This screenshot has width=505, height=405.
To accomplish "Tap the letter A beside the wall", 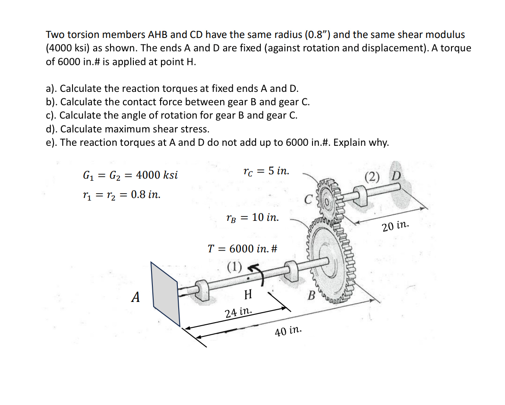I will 136,298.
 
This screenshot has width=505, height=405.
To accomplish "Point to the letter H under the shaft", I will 248,295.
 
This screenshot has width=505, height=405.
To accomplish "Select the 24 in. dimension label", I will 239,311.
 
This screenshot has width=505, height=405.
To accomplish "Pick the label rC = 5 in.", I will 266,171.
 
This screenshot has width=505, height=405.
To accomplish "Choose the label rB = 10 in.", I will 252,217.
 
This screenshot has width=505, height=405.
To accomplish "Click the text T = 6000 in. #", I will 242,249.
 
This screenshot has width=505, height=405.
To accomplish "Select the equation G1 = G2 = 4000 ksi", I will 130,176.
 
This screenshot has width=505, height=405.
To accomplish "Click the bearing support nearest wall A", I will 202,289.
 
